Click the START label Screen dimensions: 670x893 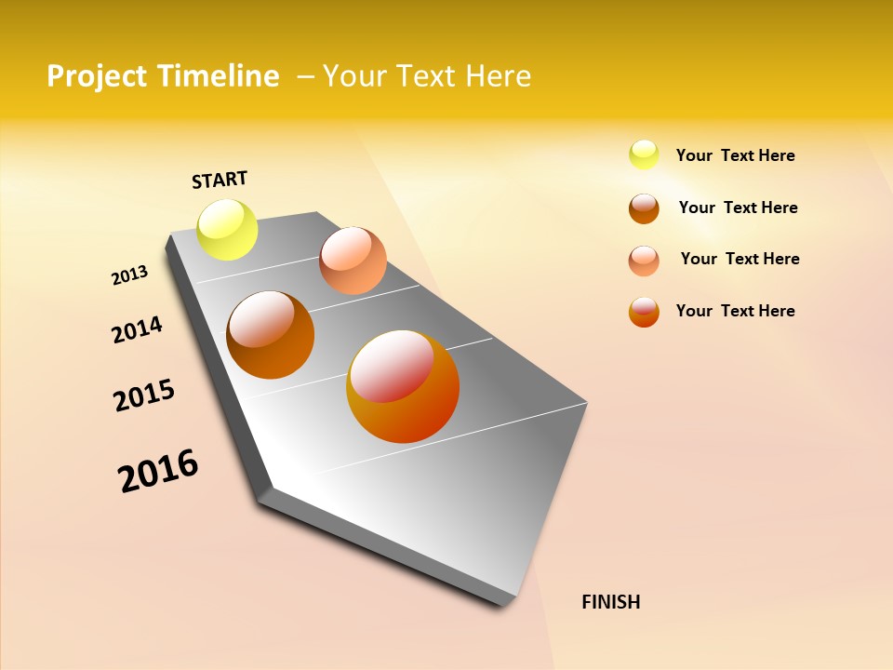[x=220, y=180]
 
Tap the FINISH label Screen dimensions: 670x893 [x=610, y=602]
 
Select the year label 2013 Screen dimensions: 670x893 [x=129, y=275]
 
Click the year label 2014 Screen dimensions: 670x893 [x=137, y=329]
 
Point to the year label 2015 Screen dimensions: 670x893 [x=144, y=395]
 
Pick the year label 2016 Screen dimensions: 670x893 [x=158, y=471]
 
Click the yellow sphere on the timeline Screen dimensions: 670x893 [x=228, y=229]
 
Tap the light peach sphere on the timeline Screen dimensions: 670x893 [x=353, y=261]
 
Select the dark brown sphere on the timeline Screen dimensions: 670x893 [x=271, y=335]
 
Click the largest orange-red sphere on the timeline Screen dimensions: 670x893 [x=403, y=386]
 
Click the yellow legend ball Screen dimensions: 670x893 [x=644, y=154]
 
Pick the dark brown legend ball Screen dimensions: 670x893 [x=644, y=208]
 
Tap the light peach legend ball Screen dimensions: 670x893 [x=644, y=260]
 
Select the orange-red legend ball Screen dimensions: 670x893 [x=644, y=312]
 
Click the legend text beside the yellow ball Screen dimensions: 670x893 [x=735, y=155]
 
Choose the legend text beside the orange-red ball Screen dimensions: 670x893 [x=735, y=311]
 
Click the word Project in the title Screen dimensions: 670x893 [x=98, y=76]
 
